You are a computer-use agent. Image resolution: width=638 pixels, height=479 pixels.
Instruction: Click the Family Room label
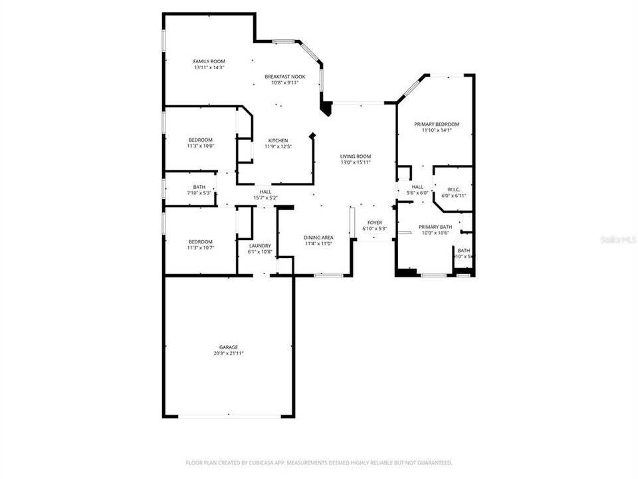209,61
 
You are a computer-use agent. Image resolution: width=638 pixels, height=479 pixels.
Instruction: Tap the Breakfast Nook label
284,77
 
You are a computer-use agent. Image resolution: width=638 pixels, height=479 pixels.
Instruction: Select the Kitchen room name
278,140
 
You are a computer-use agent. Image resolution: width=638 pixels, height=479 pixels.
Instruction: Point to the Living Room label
356,156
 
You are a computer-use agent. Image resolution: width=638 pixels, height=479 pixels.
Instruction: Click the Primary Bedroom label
437,124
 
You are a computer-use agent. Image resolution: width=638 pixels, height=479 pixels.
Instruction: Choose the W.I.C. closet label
454,190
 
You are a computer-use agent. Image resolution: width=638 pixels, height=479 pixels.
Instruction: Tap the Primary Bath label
435,226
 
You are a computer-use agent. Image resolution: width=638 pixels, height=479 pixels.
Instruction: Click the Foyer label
375,222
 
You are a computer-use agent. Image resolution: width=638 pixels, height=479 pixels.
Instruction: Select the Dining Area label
318,238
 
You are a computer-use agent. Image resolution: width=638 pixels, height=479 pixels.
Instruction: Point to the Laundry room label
260,245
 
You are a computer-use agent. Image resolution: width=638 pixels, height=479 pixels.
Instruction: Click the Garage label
229,347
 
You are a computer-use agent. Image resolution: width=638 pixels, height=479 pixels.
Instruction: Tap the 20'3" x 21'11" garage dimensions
229,354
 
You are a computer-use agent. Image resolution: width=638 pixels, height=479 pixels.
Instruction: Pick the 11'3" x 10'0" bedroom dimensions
200,146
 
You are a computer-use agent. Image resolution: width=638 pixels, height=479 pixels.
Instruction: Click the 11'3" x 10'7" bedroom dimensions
200,247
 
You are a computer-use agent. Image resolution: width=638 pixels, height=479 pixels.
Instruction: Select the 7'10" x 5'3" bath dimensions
199,193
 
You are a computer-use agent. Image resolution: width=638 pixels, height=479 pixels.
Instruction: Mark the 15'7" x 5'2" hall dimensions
265,198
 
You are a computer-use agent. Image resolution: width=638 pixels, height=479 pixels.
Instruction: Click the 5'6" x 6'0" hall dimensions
417,193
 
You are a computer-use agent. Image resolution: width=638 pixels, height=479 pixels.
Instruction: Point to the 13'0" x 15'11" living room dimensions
356,162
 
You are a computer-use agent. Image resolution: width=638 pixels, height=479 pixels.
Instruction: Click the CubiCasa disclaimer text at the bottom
319,462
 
